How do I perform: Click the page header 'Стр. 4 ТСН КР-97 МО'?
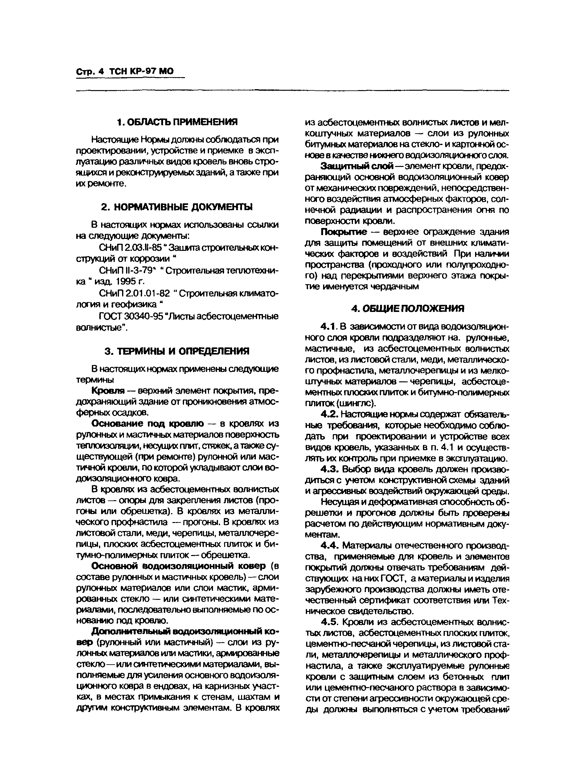coord(125,71)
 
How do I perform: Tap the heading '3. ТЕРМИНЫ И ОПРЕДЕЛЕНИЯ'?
coord(177,351)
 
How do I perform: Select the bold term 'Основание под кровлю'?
coord(148,424)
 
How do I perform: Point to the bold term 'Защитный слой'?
coord(357,166)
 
